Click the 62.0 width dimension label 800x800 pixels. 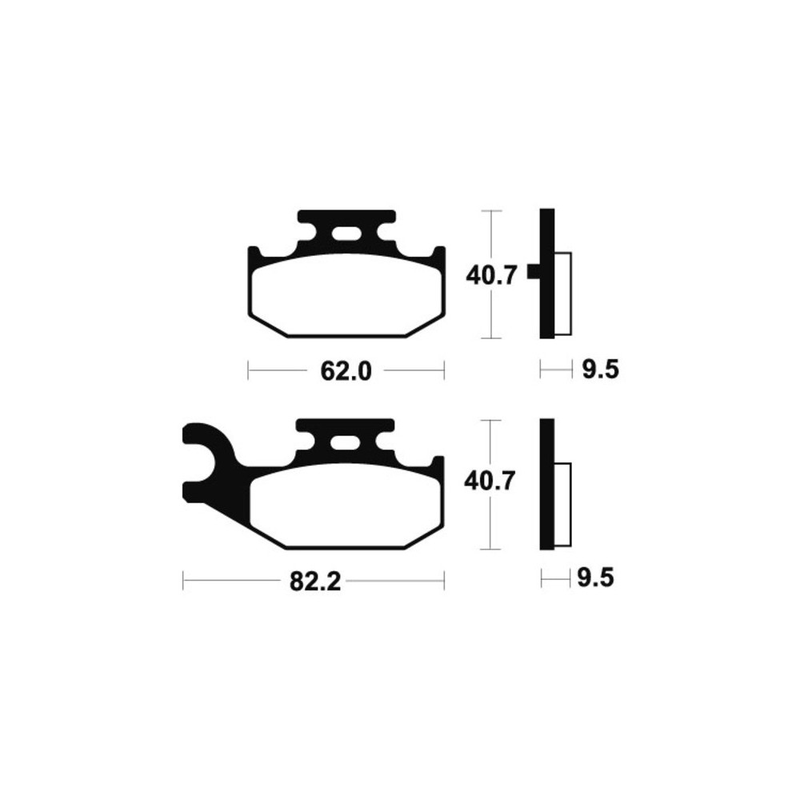[346, 371]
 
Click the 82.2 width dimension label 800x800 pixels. [314, 581]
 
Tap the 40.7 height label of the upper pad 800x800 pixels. [492, 275]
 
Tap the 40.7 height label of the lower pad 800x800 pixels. [489, 481]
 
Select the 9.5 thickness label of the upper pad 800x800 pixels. [601, 370]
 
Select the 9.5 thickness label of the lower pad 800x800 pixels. [595, 578]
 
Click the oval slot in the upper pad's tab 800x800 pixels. [346, 234]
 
